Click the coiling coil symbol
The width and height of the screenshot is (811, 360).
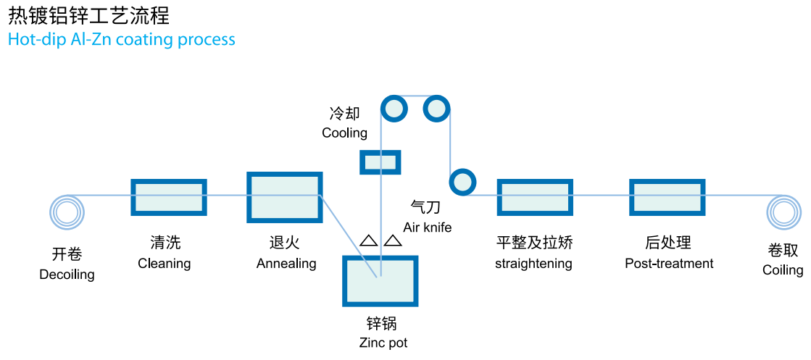coord(783,212)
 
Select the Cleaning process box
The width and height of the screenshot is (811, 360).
coord(168,197)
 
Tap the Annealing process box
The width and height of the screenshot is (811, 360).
coord(284,197)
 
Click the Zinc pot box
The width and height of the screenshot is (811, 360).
coord(380,280)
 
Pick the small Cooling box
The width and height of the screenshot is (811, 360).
coord(380,162)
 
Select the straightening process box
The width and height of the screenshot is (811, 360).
coord(535,197)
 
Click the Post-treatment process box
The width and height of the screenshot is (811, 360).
coord(667,197)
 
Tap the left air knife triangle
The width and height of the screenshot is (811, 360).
coord(368,240)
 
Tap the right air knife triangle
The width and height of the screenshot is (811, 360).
coord(392,240)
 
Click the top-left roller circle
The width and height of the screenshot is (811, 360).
coord(394,109)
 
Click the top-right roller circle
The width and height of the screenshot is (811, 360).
coord(436,109)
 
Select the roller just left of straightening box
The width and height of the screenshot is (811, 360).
coord(462,182)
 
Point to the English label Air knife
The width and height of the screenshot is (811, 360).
coord(427,227)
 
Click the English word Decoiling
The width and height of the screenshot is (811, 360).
coord(67,275)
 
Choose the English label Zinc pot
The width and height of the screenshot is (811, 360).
coord(383,343)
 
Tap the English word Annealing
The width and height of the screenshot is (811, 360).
coord(286,264)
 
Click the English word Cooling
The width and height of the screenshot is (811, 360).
coord(344,133)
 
